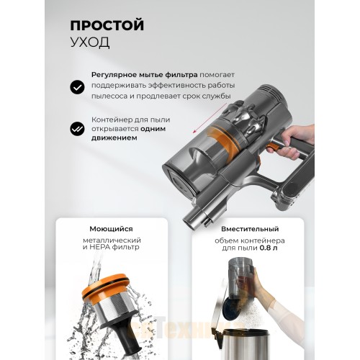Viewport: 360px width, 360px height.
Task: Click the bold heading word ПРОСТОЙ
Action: pos(107,25)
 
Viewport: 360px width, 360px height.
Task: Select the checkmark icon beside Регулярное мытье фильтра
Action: pos(76,87)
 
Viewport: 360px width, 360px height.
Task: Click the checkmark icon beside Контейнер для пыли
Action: pos(76,130)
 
